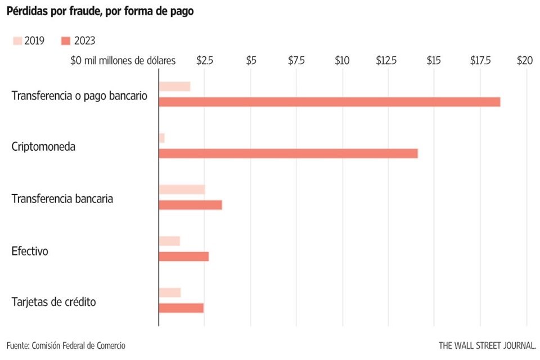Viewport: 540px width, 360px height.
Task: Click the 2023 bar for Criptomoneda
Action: coord(288,154)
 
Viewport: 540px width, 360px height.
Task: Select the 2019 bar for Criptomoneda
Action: coord(161,138)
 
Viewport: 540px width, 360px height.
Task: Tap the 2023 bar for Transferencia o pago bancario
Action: coord(329,102)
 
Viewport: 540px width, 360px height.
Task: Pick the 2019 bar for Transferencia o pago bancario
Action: coord(174,86)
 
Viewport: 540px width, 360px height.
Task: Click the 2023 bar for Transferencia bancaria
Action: coord(190,205)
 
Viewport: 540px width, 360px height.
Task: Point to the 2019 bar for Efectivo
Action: coord(169,241)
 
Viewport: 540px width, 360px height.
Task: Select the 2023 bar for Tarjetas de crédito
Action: coord(181,308)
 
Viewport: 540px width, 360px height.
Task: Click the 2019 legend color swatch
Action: coord(17,40)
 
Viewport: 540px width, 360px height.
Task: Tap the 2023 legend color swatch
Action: coord(65,40)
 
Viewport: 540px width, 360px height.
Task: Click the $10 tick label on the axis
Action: coord(342,61)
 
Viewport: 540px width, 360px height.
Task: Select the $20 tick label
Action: coord(524,61)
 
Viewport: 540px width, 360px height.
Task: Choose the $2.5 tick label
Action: coord(205,61)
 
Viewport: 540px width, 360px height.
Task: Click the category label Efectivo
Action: coord(30,251)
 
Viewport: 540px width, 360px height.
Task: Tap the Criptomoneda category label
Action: coord(43,147)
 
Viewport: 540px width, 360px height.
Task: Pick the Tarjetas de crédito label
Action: coord(53,302)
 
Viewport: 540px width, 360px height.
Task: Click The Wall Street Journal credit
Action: coord(487,345)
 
